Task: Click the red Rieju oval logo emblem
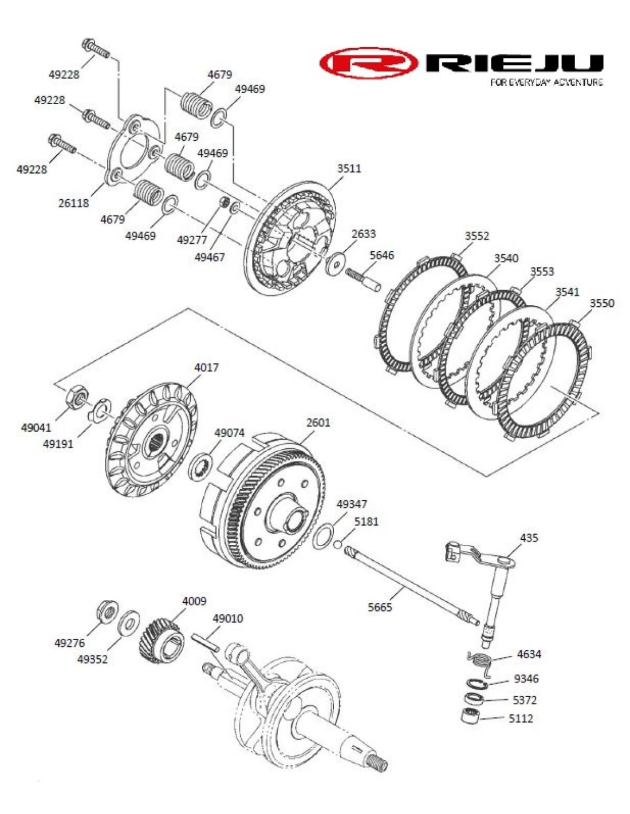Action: pos(368,63)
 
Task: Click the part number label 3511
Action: pos(349,168)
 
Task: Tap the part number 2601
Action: pos(318,422)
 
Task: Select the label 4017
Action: pos(206,368)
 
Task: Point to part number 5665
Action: pos(380,607)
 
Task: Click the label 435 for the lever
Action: pos(529,538)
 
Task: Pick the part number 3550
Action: pos(601,303)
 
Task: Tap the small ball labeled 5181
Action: pos(338,544)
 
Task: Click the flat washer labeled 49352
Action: pos(128,623)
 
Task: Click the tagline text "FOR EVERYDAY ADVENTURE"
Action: pos(546,82)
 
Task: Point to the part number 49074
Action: pos(229,433)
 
